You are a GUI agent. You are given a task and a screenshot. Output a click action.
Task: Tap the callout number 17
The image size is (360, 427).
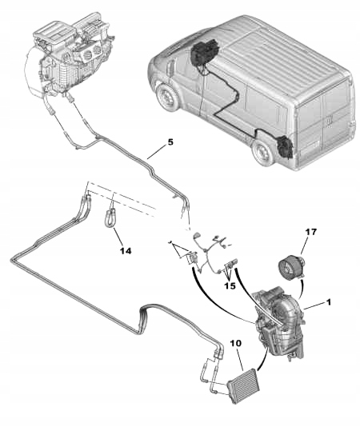click(310, 233)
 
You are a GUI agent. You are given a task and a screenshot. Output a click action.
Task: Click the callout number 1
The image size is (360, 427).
click(328, 305)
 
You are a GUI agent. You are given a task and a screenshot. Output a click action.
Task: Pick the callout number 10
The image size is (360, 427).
click(235, 345)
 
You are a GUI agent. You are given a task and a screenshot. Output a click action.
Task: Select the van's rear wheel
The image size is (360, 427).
click(262, 153)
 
